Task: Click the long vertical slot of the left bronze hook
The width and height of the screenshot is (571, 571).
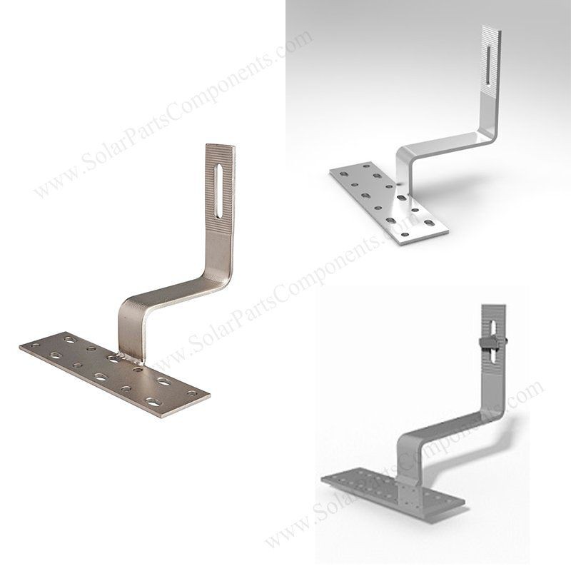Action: pos(221,192)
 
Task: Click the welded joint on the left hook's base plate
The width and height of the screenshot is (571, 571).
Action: pos(131,360)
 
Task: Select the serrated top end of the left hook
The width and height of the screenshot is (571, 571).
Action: pos(220,189)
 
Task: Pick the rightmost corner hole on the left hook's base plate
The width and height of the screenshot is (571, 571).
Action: pos(193,393)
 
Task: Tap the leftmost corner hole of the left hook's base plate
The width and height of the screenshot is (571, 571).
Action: pos(36,345)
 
